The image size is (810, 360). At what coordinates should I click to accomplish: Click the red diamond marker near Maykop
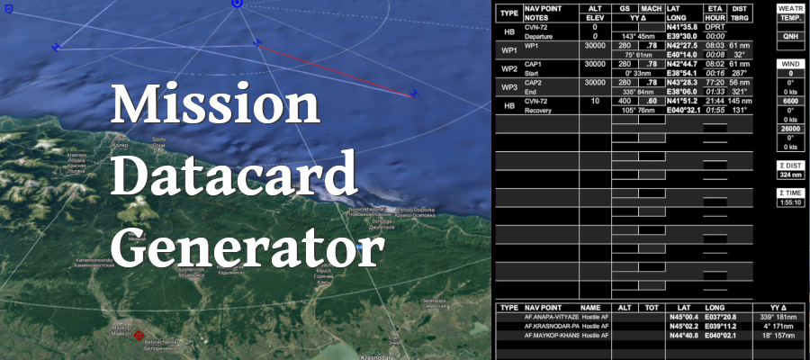pos(139,337)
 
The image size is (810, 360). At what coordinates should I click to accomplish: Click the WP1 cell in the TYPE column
pos(508,49)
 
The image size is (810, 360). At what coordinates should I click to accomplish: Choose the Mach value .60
pos(651,102)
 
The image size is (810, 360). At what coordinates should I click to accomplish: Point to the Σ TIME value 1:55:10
pos(791,202)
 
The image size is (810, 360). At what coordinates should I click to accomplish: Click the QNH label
pos(791,37)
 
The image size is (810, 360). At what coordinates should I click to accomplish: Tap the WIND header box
pos(791,64)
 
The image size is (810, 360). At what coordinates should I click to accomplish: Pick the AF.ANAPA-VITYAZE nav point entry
pos(551,317)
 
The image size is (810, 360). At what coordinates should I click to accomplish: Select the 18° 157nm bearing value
pos(772,335)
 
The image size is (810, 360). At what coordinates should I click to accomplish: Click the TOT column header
pos(651,307)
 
